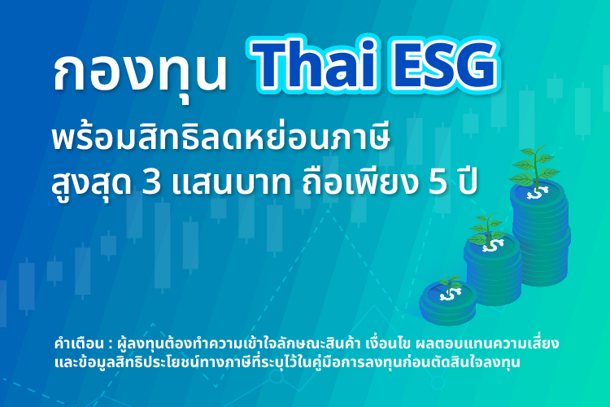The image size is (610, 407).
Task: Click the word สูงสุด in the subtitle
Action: (89, 184)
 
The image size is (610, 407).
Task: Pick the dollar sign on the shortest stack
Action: (447, 296)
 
